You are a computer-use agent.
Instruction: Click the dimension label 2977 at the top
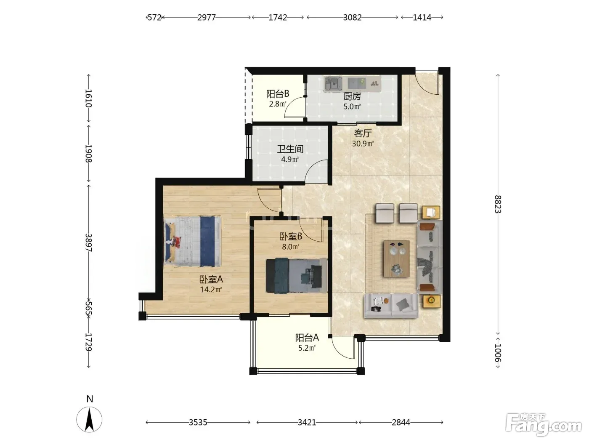coord(206,17)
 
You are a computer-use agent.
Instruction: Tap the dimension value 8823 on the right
coord(498,204)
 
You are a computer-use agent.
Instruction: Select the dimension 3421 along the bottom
coord(307,423)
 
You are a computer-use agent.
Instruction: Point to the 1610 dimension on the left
coord(88,98)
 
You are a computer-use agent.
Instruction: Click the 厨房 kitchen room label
coord(352,96)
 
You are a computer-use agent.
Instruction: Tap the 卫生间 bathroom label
coord(290,149)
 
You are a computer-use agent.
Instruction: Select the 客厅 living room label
coord(363,133)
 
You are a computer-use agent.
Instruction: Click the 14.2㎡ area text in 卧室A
coord(211,290)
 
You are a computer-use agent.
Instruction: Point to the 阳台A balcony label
coord(307,338)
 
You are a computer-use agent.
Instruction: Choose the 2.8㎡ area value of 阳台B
coord(278,104)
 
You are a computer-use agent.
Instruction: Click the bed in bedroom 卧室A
coord(193,241)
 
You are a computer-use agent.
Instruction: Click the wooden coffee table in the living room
coord(397,258)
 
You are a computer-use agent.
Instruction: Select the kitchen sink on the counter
coord(333,83)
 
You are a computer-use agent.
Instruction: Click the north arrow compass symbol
coord(89,419)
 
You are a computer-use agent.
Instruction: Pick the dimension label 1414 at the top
coord(422,17)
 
